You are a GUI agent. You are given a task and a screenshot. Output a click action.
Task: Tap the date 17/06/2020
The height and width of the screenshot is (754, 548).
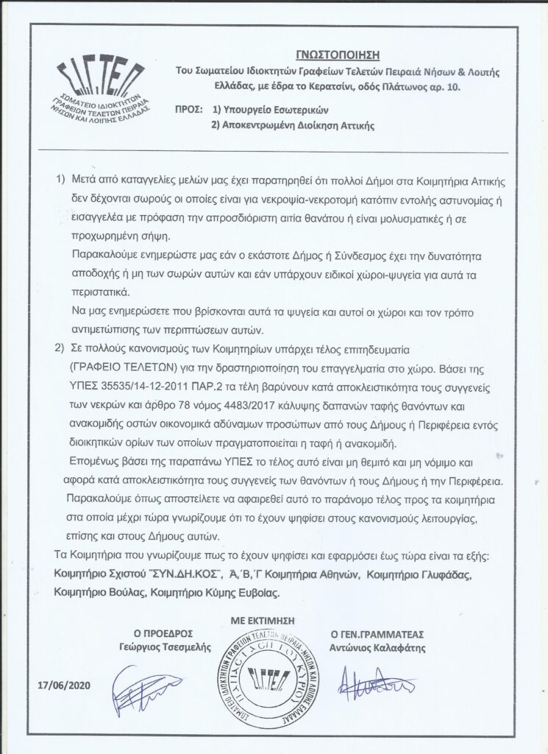(65, 686)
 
